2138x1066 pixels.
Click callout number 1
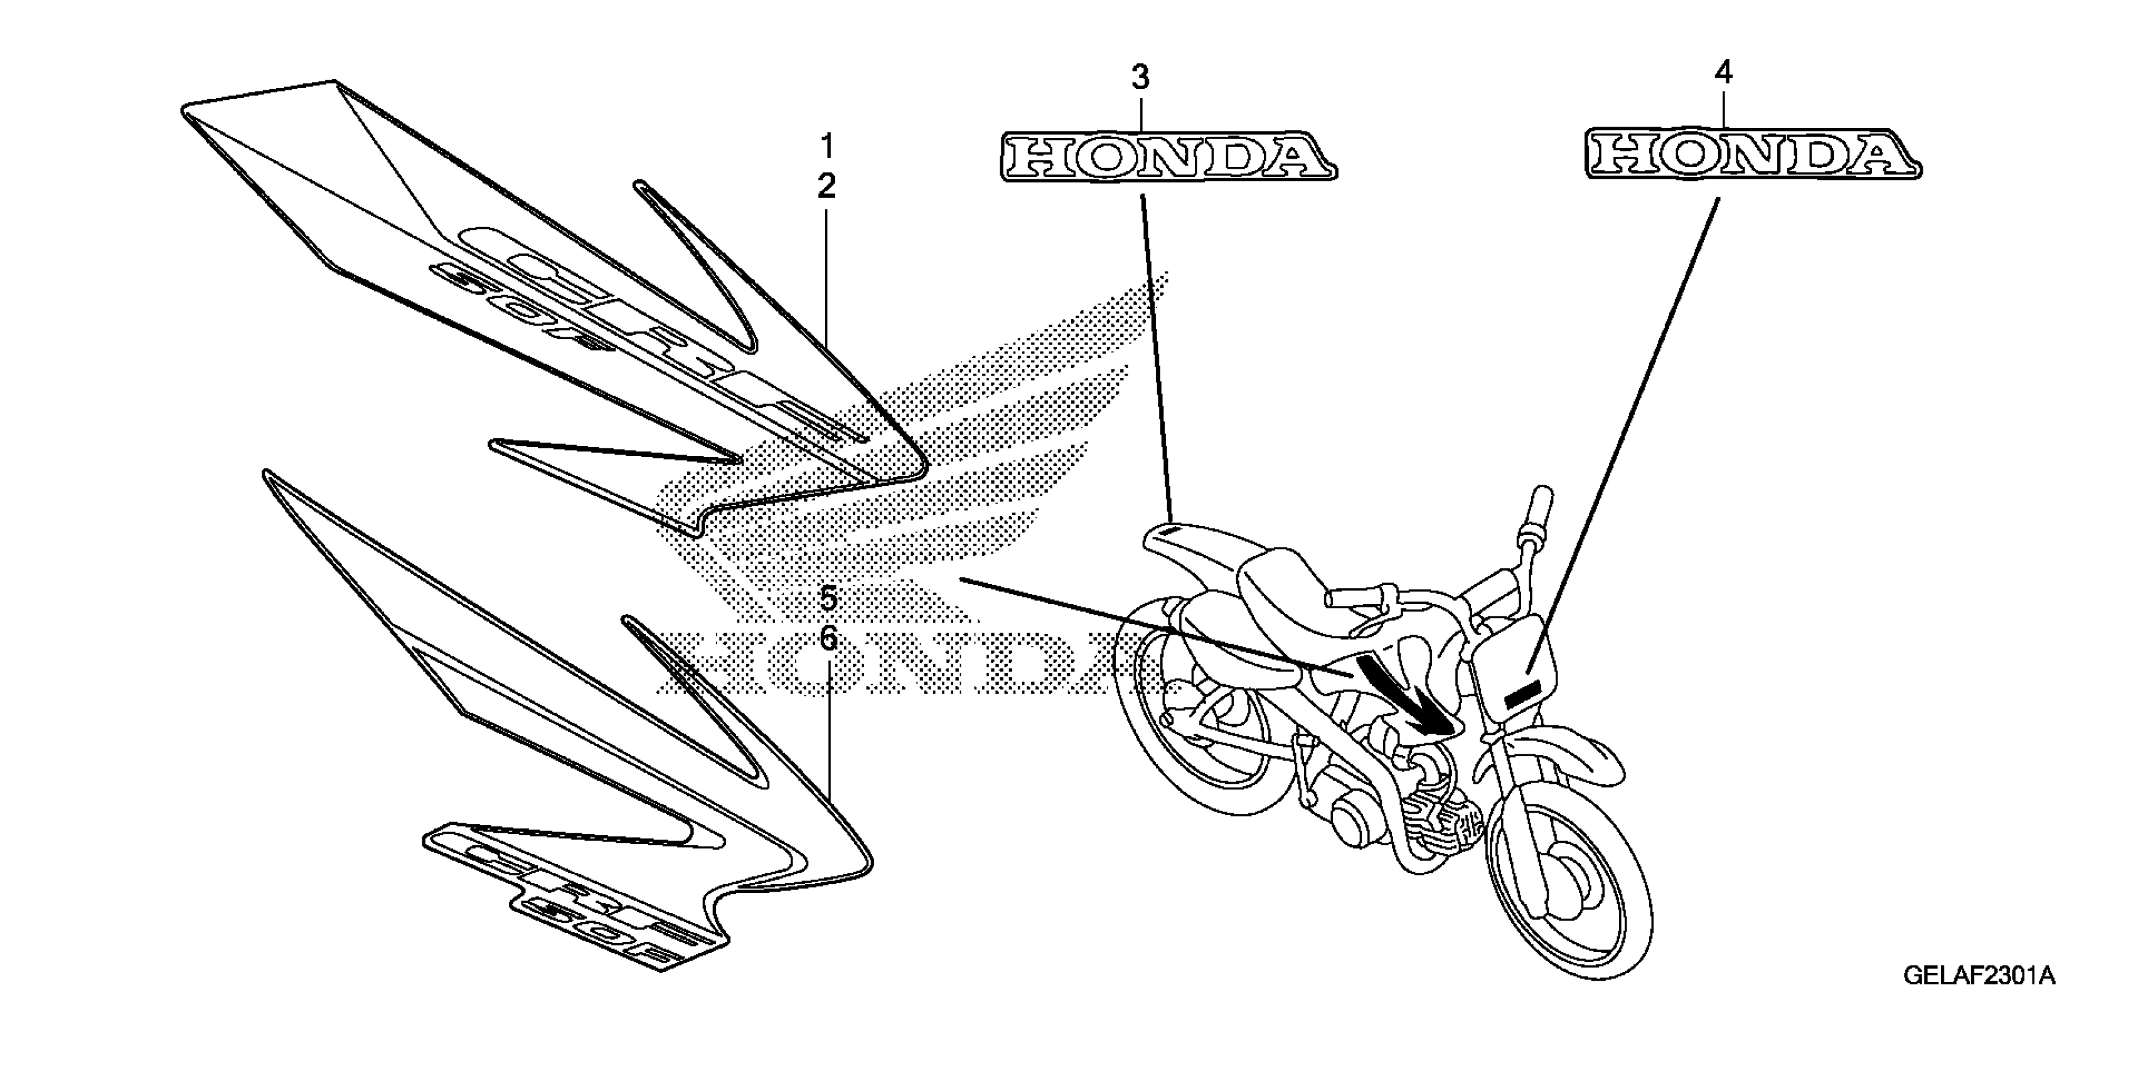pyautogui.click(x=826, y=147)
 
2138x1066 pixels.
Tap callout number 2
pyautogui.click(x=826, y=187)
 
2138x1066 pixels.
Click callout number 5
pyautogui.click(x=828, y=598)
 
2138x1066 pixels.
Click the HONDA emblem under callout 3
pyautogui.click(x=1168, y=157)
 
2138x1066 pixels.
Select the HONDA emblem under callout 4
pyautogui.click(x=1753, y=154)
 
